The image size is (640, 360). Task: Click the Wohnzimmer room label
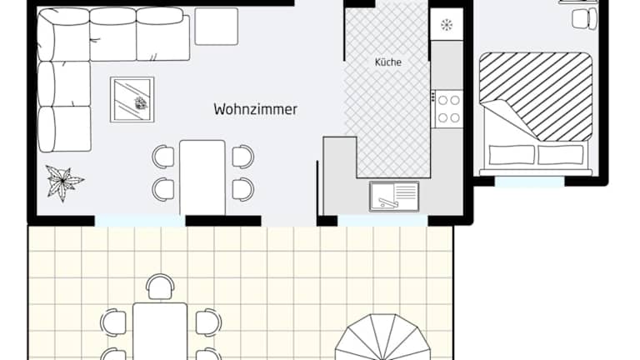pyautogui.click(x=255, y=109)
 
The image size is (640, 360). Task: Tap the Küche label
pyautogui.click(x=387, y=62)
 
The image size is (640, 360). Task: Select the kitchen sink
pyautogui.click(x=394, y=197)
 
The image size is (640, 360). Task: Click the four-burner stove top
pyautogui.click(x=447, y=109)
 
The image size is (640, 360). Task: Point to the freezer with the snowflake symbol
pyautogui.click(x=447, y=24)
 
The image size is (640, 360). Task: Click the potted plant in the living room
pyautogui.click(x=64, y=182)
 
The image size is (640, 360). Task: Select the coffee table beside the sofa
pyautogui.click(x=132, y=99)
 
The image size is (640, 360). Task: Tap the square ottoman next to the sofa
pyautogui.click(x=217, y=26)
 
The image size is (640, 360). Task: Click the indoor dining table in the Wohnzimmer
pyautogui.click(x=202, y=177)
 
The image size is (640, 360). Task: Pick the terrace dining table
pyautogui.click(x=160, y=331)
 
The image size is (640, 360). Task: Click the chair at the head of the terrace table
pyautogui.click(x=160, y=287)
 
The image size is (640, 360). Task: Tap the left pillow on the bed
pyautogui.click(x=512, y=155)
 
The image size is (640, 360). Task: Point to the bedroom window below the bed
pyautogui.click(x=530, y=182)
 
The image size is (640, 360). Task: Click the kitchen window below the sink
pyautogui.click(x=382, y=221)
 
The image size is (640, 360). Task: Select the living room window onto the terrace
pyautogui.click(x=140, y=221)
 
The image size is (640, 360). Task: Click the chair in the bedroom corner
pyautogui.click(x=585, y=19)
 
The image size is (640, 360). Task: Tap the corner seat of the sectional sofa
pyautogui.click(x=63, y=35)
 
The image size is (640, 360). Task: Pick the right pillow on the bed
pyautogui.click(x=560, y=155)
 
